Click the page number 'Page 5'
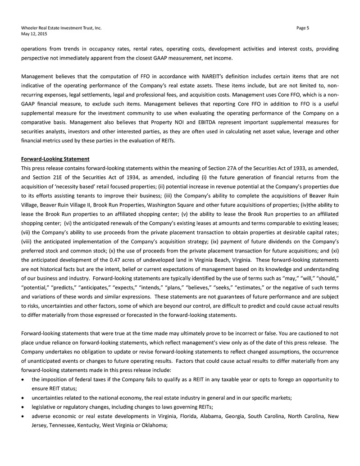(303, 28)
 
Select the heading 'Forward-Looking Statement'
(55, 159)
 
